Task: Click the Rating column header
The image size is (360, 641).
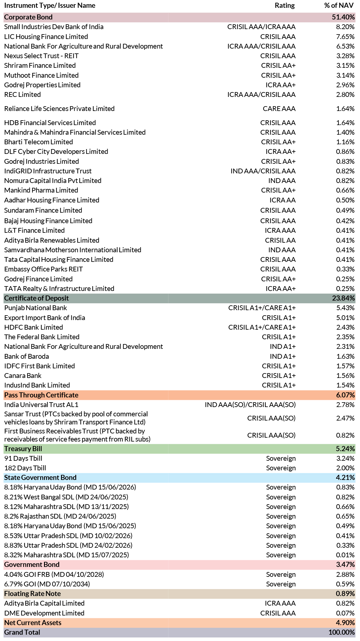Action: pyautogui.click(x=285, y=5)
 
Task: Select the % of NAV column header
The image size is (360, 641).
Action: pyautogui.click(x=339, y=5)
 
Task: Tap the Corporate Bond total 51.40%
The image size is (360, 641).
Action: pyautogui.click(x=343, y=17)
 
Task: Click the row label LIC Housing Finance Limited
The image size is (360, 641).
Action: pyautogui.click(x=46, y=37)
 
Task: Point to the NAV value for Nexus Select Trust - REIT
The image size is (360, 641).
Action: pyautogui.click(x=345, y=56)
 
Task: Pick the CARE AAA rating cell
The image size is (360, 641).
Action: pyautogui.click(x=279, y=109)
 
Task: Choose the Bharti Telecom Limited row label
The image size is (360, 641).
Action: pyautogui.click(x=39, y=142)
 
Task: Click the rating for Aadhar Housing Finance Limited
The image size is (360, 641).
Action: pyautogui.click(x=282, y=200)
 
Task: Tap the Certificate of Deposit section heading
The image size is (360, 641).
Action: pyautogui.click(x=37, y=298)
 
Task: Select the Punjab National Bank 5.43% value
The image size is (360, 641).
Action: pyautogui.click(x=345, y=308)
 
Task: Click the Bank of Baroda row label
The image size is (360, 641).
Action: pyautogui.click(x=27, y=356)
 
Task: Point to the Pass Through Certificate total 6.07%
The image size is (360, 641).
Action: pyautogui.click(x=345, y=395)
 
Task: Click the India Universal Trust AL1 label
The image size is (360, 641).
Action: pyautogui.click(x=41, y=405)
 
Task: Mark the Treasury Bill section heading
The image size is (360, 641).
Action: pyautogui.click(x=23, y=449)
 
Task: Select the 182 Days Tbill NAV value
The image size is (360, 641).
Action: pyautogui.click(x=345, y=468)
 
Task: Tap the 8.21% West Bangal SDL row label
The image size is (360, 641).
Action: pyautogui.click(x=66, y=497)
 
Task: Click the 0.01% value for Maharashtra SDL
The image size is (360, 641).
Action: pyautogui.click(x=345, y=555)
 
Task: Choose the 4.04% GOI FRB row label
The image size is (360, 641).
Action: pyautogui.click(x=54, y=574)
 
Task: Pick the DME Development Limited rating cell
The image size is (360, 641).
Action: pyautogui.click(x=278, y=613)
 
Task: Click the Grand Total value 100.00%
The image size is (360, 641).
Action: pyautogui.click(x=342, y=632)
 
